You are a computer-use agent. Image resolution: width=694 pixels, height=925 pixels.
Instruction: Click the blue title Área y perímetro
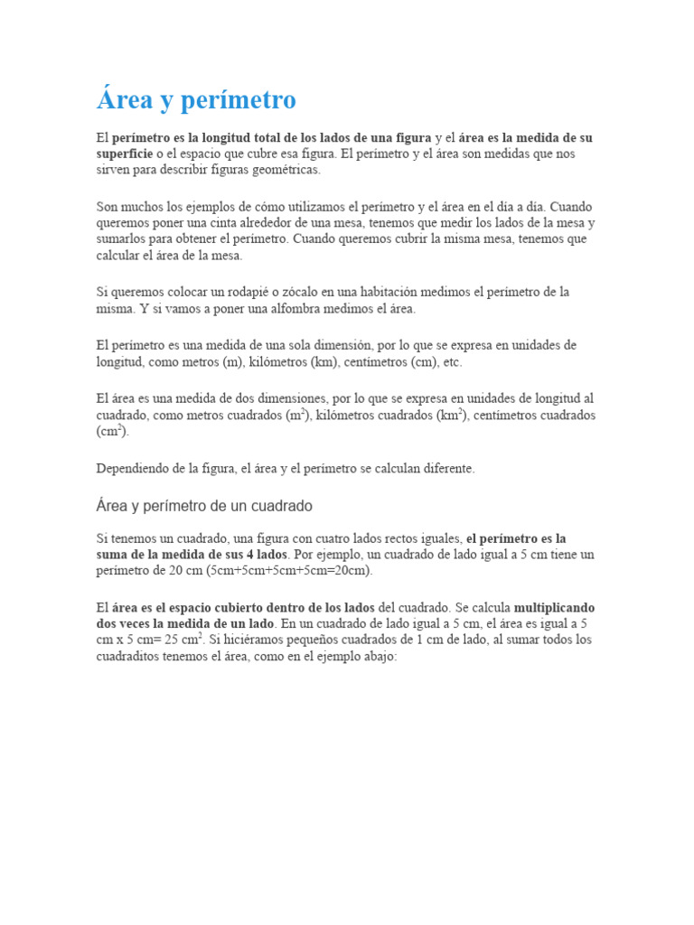[196, 100]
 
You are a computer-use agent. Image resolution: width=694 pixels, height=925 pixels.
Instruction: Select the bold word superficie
[127, 154]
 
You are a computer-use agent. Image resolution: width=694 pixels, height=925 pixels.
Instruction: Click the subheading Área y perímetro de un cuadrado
[204, 506]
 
